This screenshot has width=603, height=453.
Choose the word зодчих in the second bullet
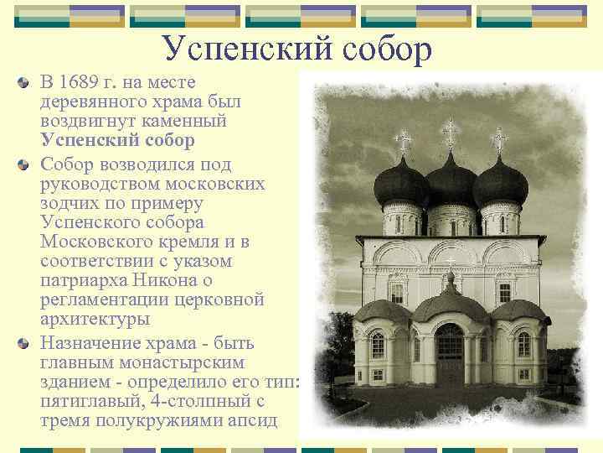(x=70, y=203)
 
